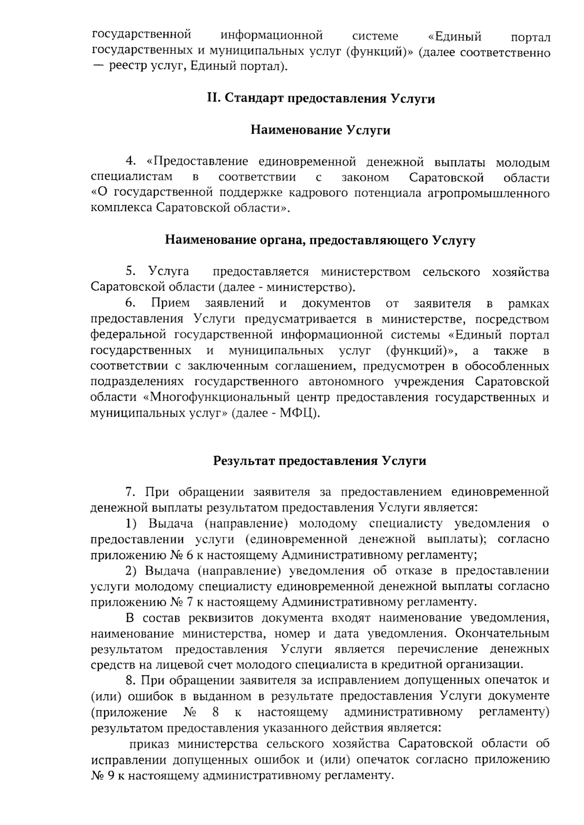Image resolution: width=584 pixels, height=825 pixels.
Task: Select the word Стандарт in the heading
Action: pyautogui.click(x=249, y=99)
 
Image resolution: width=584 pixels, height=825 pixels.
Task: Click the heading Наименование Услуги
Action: pyautogui.click(x=320, y=130)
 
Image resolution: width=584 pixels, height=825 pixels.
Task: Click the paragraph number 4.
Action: pyautogui.click(x=130, y=162)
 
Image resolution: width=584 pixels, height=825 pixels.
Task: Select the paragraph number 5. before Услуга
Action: pyautogui.click(x=130, y=272)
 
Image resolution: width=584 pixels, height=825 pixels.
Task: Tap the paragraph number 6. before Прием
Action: pyautogui.click(x=130, y=304)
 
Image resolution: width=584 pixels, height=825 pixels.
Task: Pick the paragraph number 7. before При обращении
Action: pyautogui.click(x=130, y=492)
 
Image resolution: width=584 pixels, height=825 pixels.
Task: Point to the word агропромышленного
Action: pyautogui.click(x=488, y=194)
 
